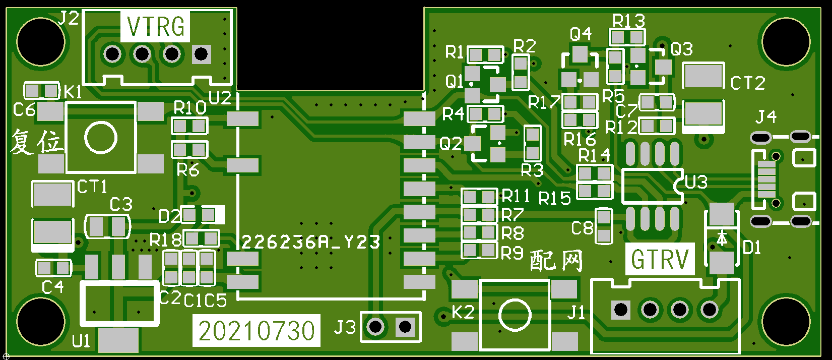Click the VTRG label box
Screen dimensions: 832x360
(155, 26)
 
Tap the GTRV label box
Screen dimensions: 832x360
(660, 259)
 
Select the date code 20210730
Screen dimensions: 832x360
(256, 331)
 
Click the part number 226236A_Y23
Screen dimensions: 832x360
(310, 243)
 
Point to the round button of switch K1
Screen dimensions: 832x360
(101, 138)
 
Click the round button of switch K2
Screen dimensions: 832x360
(515, 315)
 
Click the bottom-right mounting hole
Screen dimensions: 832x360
(786, 321)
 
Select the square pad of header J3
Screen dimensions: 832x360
(405, 327)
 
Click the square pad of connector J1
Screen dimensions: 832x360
(621, 309)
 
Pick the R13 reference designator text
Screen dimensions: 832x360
(628, 21)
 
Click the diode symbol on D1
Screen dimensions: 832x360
(722, 238)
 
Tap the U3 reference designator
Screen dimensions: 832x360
(696, 182)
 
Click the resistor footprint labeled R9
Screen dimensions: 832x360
(479, 250)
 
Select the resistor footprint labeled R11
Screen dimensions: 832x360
(479, 196)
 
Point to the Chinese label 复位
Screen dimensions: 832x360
(37, 141)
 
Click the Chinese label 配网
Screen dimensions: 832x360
(556, 261)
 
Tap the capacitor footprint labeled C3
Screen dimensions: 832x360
(107, 226)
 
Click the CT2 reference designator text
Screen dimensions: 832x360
(748, 83)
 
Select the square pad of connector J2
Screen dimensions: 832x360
(201, 53)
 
